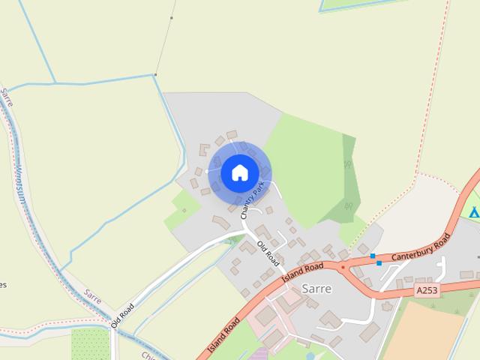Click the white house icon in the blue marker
pyautogui.click(x=239, y=172)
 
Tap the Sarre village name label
pyautogui.click(x=316, y=288)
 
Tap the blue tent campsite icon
pyautogui.click(x=474, y=213)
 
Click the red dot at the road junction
pyautogui.click(x=343, y=267)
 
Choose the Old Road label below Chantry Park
pyautogui.click(x=268, y=253)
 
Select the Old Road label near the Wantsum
pyautogui.click(x=122, y=315)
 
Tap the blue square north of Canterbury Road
pyautogui.click(x=373, y=256)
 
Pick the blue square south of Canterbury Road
pyautogui.click(x=379, y=263)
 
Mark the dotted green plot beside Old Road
pyautogui.click(x=89, y=343)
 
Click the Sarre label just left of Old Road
pyautogui.click(x=93, y=296)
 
